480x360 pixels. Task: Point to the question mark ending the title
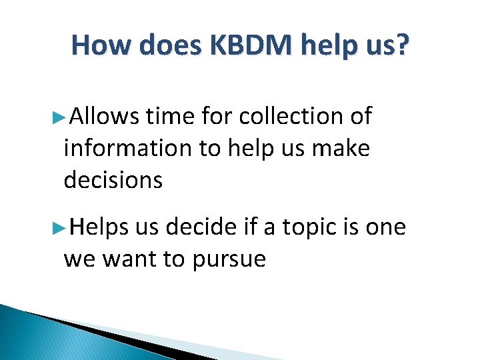400,45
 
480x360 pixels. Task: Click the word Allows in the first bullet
104,117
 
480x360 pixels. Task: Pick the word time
169,117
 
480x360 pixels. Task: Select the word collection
290,117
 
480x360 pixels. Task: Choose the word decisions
113,179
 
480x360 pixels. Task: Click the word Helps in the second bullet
99,227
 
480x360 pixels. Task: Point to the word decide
200,227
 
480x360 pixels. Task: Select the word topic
313,228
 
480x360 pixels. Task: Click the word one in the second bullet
385,228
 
